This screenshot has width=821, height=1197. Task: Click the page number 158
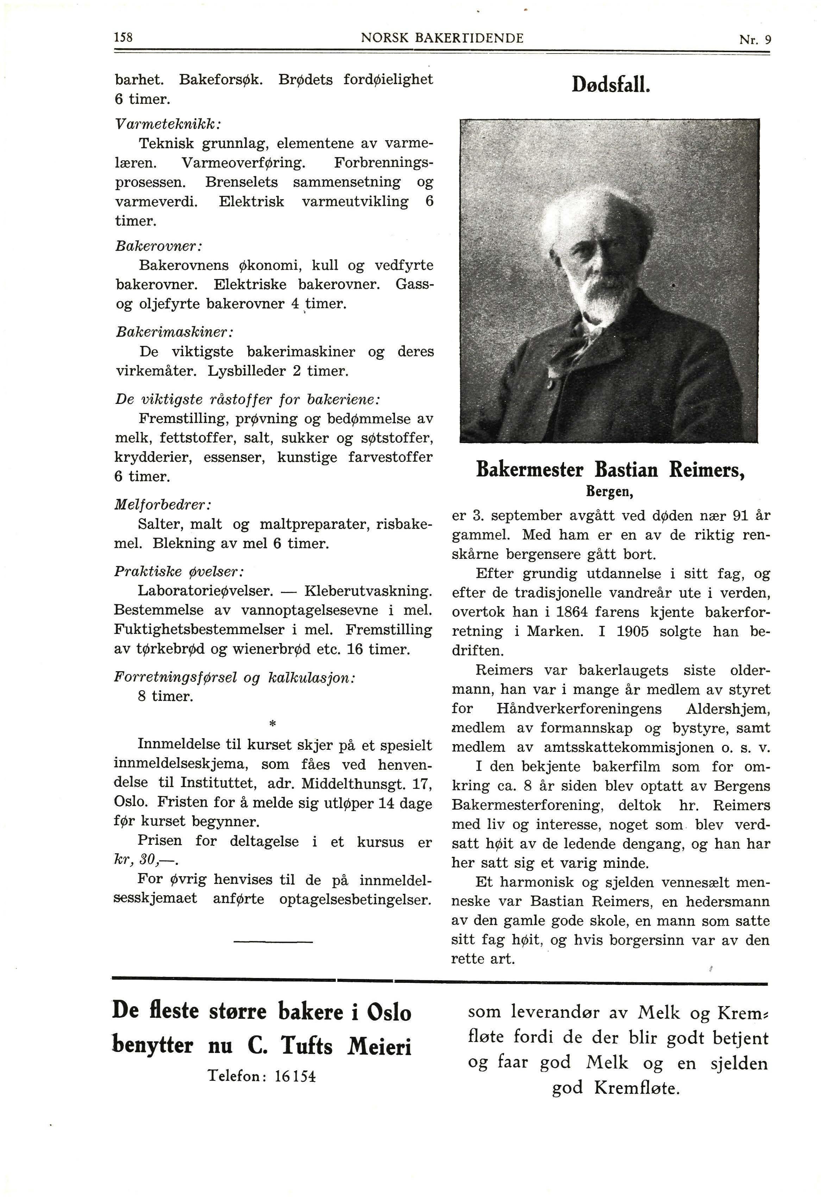click(124, 38)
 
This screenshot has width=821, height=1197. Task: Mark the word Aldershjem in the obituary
click(728, 709)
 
